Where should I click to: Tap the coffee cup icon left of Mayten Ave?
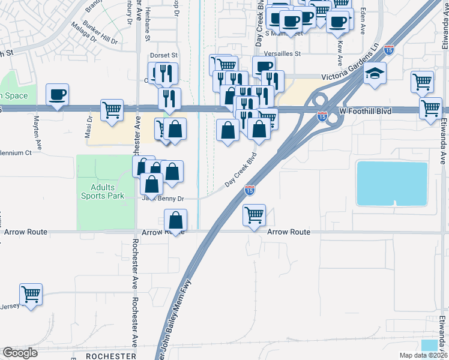point(57,95)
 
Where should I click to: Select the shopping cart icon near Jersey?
point(31,295)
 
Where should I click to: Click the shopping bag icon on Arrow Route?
point(175,220)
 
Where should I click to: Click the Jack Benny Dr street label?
point(163,199)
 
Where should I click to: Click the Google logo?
point(20,353)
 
